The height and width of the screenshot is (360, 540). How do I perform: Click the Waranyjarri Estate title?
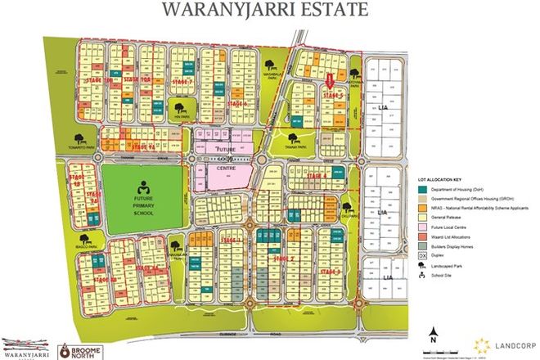click(x=269, y=11)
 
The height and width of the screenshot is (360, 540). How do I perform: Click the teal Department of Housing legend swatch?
click(x=421, y=190)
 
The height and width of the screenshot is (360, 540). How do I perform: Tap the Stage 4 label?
click(x=314, y=177)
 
